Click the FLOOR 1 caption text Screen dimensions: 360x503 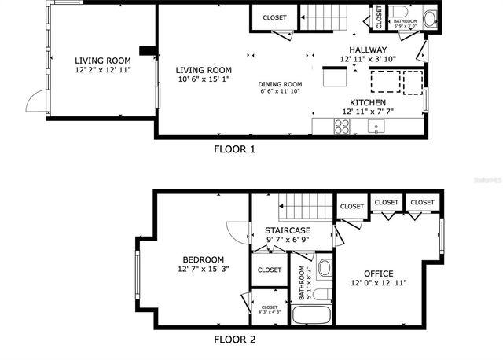pos(234,149)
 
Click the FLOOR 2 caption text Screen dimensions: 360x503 pos(234,340)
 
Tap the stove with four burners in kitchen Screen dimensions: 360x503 pos(343,127)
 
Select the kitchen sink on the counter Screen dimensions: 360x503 pos(379,127)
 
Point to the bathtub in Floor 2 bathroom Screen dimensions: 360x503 pos(312,316)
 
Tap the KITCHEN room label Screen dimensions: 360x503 pos(368,103)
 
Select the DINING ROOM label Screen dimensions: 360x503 pos(281,84)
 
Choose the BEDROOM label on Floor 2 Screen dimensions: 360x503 pos(203,260)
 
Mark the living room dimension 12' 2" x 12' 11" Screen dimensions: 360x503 pos(102,70)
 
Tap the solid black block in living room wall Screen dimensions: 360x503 pos(146,50)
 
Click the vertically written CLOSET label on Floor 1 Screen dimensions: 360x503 pos(378,17)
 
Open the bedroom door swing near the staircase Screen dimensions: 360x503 pos(238,230)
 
